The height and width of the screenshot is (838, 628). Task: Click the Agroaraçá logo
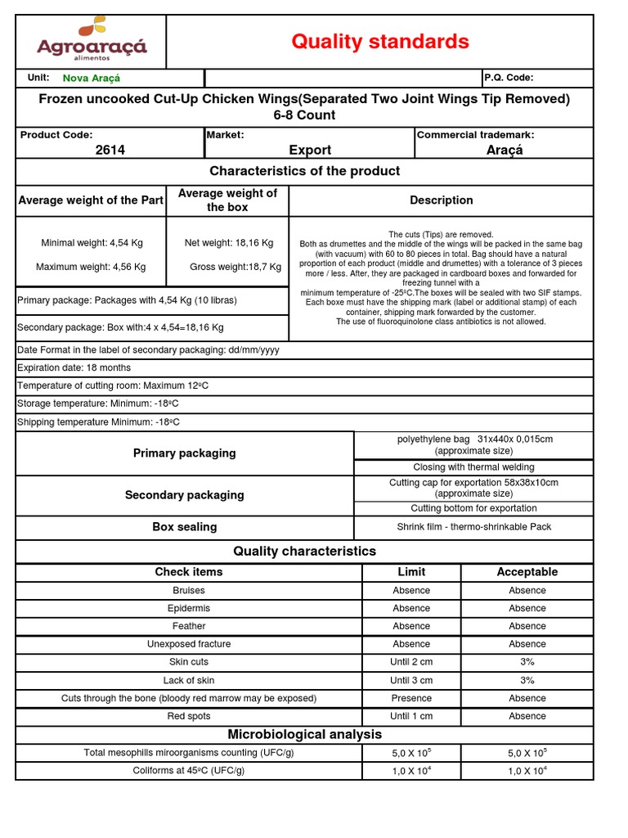point(92,40)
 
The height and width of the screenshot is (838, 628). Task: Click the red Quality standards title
point(380,42)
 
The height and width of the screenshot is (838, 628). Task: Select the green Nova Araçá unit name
point(91,78)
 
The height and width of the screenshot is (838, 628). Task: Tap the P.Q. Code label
point(509,78)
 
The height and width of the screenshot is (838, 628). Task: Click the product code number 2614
point(110,150)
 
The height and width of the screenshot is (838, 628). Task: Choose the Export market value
point(310,150)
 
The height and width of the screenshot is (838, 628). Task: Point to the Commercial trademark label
point(475,134)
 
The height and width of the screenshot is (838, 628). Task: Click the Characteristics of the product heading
point(305,171)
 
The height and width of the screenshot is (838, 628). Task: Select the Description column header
point(441,200)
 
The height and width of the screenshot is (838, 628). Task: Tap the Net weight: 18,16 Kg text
point(229,243)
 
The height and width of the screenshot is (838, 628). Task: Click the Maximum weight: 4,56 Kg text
point(91,267)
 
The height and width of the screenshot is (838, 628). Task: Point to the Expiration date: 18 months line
point(74,367)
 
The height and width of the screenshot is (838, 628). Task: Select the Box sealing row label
point(184,527)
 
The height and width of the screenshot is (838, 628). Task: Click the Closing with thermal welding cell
point(473,467)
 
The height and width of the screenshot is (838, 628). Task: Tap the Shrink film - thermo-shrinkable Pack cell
point(473,527)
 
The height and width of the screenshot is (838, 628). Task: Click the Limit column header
point(410,572)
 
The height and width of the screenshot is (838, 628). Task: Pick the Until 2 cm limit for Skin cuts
point(410,662)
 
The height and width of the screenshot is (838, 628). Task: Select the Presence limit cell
point(410,698)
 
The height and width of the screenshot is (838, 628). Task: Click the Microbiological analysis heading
point(305,734)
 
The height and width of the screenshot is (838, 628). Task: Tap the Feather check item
point(189,626)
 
